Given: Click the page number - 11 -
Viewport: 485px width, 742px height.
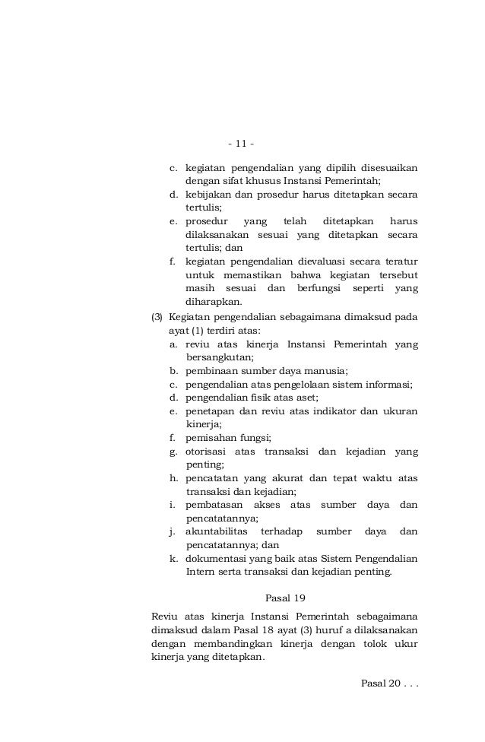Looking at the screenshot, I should [x=242, y=144].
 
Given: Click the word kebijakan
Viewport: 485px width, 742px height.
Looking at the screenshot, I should [x=209, y=194].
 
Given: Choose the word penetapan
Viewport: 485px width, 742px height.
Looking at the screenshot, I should [x=211, y=411].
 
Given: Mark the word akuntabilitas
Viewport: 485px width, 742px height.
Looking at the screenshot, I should [x=217, y=531].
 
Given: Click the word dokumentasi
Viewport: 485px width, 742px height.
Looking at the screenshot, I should [x=217, y=558].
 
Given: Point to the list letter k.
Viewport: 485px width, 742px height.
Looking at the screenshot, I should [x=173, y=558].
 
